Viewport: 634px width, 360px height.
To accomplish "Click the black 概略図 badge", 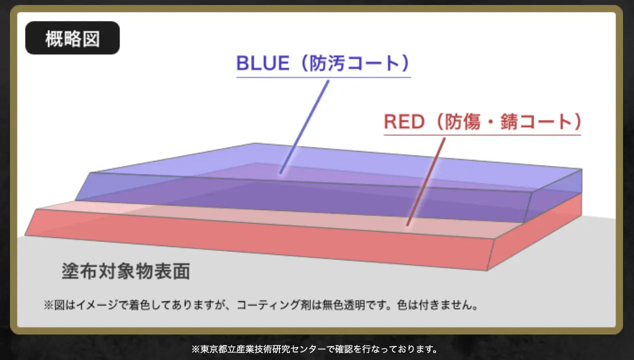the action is tap(72, 38).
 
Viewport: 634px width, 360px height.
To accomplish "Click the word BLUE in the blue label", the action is tap(263, 63).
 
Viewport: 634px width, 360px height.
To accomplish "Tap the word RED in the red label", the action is tap(404, 121).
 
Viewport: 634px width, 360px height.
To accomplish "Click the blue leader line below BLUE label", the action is tap(304, 127).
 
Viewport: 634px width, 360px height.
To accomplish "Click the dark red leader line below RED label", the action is tap(426, 182).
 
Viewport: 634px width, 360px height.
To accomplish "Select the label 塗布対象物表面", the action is tap(126, 271).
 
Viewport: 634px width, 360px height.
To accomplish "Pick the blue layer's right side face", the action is tap(553, 195).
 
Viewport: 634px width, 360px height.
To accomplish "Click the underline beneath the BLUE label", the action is tap(323, 77).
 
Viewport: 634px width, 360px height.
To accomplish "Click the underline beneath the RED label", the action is tap(482, 135).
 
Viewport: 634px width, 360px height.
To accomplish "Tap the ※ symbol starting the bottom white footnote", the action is tap(195, 349).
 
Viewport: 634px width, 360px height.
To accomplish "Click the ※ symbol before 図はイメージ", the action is tap(48, 305).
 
